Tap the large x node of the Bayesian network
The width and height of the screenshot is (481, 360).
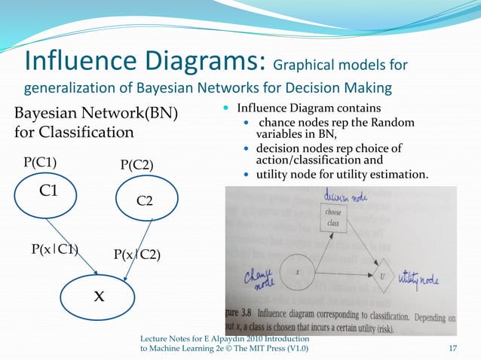pos(98,295)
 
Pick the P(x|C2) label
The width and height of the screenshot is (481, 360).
pos(136,254)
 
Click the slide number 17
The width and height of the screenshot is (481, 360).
pos(453,348)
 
